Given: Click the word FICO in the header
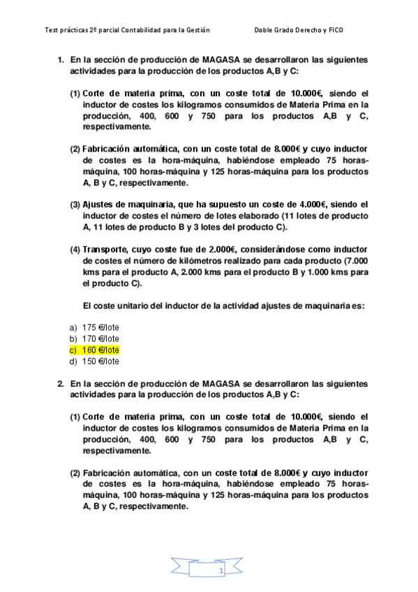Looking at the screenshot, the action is [335, 30].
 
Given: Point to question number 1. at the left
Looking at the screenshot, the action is [61, 60].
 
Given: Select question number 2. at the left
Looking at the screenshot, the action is [61, 383].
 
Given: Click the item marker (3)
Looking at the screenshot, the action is [74, 205].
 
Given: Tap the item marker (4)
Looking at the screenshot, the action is [74, 249].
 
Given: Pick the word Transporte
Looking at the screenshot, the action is [105, 249].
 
